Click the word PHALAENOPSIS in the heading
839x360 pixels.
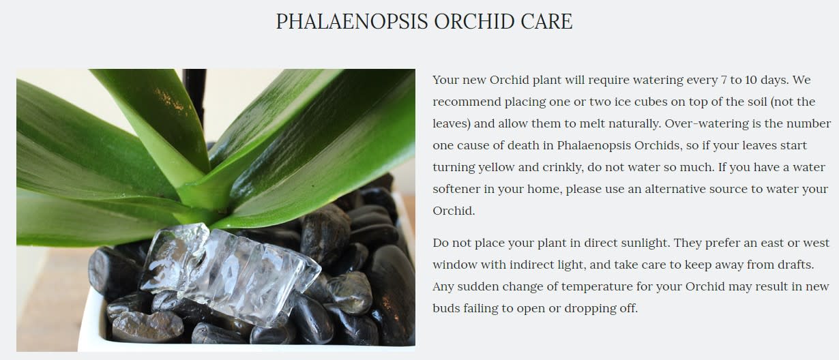(352, 21)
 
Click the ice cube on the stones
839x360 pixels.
(229, 273)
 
